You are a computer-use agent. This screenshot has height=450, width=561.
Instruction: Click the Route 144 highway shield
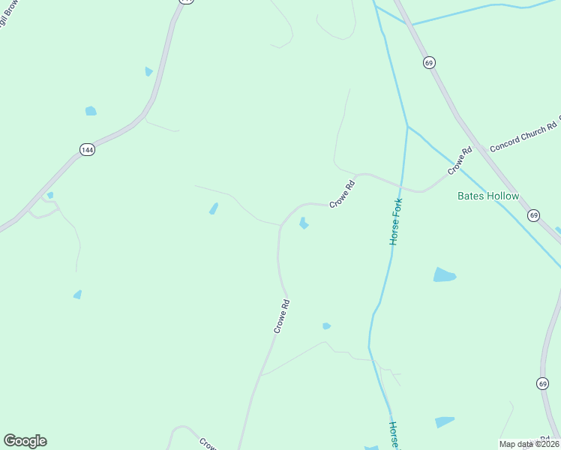point(87,150)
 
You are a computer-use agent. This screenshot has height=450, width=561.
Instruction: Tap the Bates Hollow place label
point(488,196)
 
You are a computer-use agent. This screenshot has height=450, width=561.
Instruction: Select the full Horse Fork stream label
point(396,221)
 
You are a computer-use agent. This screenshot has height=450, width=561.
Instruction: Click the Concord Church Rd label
point(523,136)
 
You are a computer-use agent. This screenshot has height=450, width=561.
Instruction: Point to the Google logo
point(25,441)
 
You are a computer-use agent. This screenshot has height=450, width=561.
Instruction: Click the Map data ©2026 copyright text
point(529,444)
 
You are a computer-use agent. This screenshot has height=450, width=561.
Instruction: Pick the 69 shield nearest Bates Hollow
point(533,215)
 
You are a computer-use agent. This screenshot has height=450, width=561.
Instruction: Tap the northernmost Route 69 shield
point(428,62)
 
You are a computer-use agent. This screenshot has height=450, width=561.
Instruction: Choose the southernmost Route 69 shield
point(542,383)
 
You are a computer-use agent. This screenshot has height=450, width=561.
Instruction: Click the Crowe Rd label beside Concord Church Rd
point(460,160)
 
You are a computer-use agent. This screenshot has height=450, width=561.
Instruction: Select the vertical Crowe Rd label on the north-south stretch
point(282,316)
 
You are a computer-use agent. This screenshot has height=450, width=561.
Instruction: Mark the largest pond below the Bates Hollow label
point(444,274)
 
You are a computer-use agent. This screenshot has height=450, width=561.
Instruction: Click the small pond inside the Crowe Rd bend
point(303,223)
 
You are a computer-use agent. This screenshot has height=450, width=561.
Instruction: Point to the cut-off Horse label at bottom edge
point(394,434)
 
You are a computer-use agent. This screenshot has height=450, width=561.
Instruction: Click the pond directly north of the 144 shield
point(91,111)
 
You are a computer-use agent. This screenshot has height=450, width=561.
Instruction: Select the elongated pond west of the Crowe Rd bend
point(214,208)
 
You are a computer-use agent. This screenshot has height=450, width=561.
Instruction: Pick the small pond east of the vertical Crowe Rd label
point(326,325)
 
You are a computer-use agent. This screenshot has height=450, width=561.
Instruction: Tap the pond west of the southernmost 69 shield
point(444,422)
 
